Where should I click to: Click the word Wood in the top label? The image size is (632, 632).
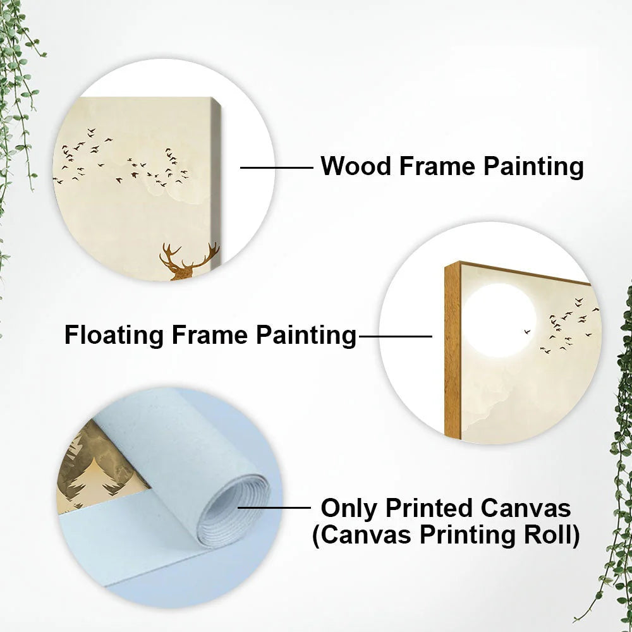(356, 166)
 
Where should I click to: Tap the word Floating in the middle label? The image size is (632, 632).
(114, 335)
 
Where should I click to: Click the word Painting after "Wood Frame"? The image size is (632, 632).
(533, 166)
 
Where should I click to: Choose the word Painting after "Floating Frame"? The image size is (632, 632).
(307, 335)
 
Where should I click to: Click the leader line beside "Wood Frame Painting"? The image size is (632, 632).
(277, 167)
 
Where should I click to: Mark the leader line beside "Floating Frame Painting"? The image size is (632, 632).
(396, 336)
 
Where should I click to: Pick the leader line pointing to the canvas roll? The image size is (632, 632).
(274, 507)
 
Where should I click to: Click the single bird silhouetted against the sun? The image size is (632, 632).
(527, 331)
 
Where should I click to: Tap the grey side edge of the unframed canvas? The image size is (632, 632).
(216, 181)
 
